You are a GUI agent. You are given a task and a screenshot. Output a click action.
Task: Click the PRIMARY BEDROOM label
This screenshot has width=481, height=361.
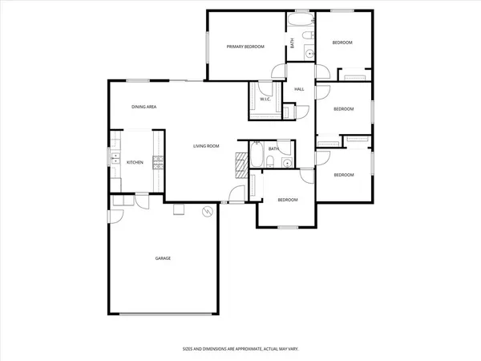point(245,47)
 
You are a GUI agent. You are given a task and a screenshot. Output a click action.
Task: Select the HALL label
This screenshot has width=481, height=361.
point(299,89)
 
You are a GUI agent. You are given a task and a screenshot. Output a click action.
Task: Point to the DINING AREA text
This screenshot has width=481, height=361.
point(144,107)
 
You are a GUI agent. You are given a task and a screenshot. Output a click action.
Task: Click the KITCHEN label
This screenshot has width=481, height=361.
point(135,163)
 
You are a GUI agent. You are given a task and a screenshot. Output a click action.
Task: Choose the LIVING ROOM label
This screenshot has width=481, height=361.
point(206,146)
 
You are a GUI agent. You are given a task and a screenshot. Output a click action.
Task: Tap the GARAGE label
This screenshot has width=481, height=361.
point(163,258)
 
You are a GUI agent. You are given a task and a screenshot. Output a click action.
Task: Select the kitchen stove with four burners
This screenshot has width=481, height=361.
point(158,163)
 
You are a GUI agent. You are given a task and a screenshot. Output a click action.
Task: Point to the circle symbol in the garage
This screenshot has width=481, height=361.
point(207,213)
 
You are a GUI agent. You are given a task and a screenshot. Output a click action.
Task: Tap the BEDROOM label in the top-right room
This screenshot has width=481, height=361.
point(343,43)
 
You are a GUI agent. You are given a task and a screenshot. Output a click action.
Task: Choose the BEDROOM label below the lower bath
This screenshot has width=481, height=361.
point(288,200)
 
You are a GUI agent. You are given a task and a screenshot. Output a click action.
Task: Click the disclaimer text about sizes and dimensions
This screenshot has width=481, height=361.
point(240,351)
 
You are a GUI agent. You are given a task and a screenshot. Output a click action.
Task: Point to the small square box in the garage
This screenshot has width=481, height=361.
point(179,210)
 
